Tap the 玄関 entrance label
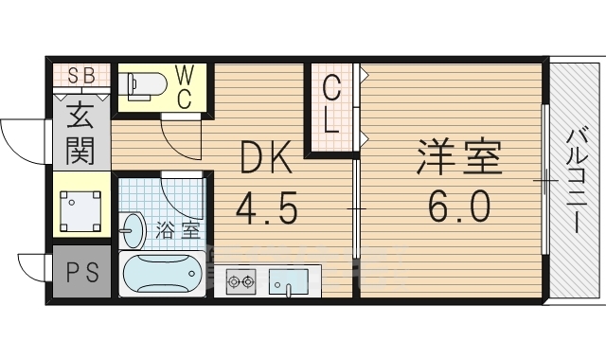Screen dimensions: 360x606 pyautogui.click(x=80, y=134)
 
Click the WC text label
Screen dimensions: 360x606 pyautogui.click(x=186, y=86)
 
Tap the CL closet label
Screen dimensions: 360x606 pyautogui.click(x=330, y=105)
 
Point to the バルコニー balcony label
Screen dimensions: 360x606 pyautogui.click(x=574, y=180)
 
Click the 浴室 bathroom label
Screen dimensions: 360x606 pyautogui.click(x=179, y=228)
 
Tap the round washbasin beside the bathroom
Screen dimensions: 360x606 pyautogui.click(x=134, y=228)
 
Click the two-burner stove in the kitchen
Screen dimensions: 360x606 pyautogui.click(x=241, y=280)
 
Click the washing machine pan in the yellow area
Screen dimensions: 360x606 pyautogui.click(x=80, y=205)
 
